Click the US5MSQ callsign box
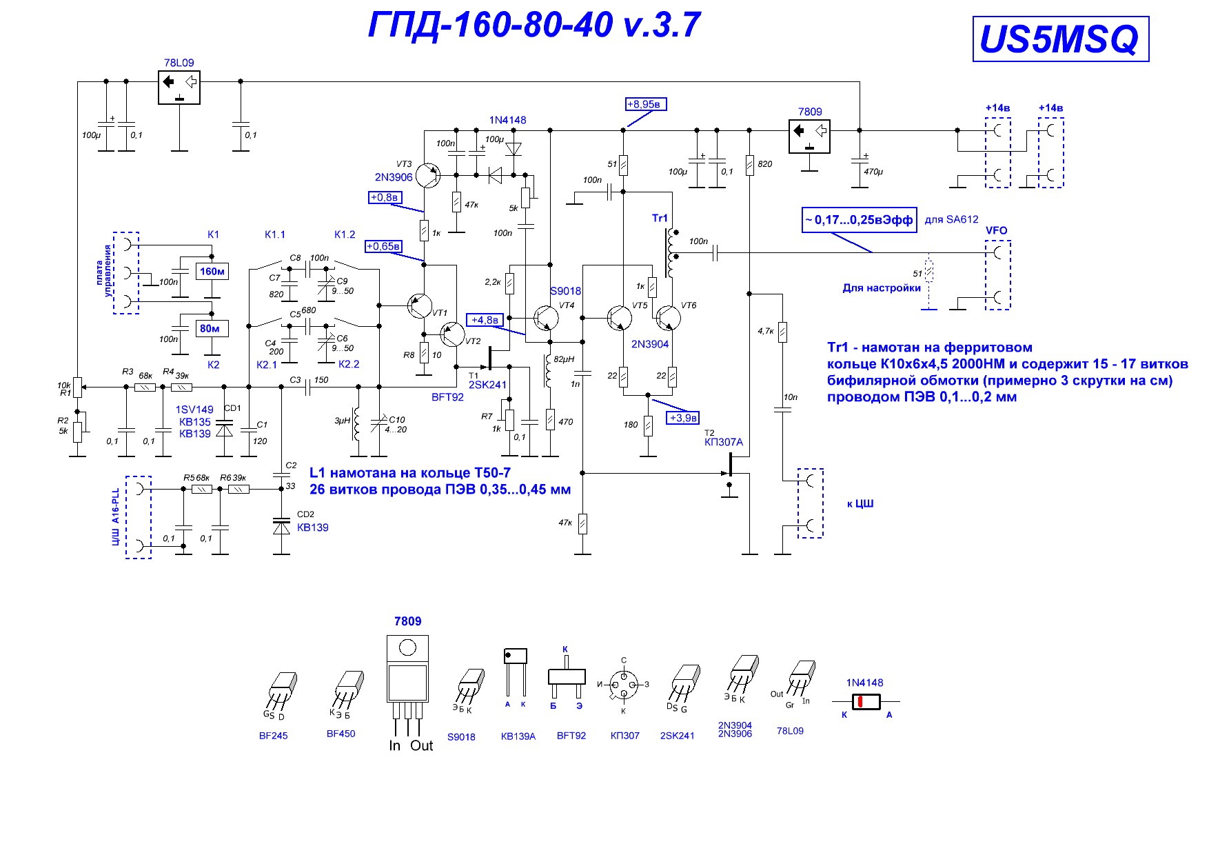point(1061,39)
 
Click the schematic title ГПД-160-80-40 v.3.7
point(534,26)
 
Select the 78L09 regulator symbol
point(179,88)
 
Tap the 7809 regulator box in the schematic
point(809,136)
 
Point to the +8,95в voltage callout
point(646,104)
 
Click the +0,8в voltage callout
point(385,197)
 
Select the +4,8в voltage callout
point(485,320)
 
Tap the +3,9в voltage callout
point(684,418)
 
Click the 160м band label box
point(212,272)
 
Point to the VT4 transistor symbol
point(546,318)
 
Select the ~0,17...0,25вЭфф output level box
point(859,220)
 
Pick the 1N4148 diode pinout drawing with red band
point(866,702)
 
